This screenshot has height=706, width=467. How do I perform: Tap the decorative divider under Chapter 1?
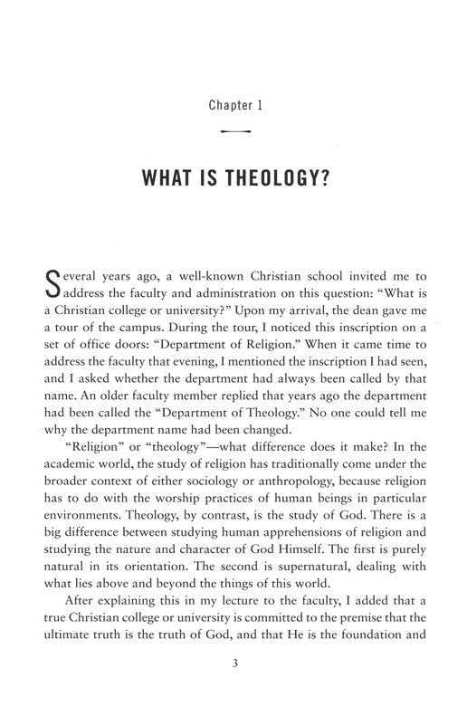[x=233, y=132]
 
